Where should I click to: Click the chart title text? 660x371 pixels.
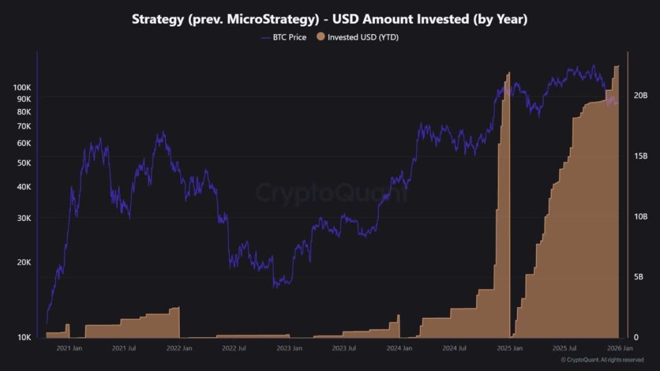[x=329, y=19]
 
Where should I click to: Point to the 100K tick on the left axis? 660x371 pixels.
[x=23, y=87]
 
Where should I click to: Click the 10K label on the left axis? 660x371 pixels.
[x=23, y=338]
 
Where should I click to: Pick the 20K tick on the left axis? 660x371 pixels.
[x=23, y=262]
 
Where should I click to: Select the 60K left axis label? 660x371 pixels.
[x=23, y=143]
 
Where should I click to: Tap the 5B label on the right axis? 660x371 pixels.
[x=637, y=277]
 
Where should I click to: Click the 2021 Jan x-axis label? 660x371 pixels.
[x=69, y=348]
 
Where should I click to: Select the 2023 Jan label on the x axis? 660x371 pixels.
[x=289, y=348]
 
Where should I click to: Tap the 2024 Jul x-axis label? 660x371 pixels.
[x=455, y=348]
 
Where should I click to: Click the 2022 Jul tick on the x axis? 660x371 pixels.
[x=234, y=348]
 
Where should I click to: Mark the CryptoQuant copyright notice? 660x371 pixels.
[x=601, y=359]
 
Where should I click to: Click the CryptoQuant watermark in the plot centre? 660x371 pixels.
[x=332, y=193]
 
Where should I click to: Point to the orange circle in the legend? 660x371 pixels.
[x=321, y=37]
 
